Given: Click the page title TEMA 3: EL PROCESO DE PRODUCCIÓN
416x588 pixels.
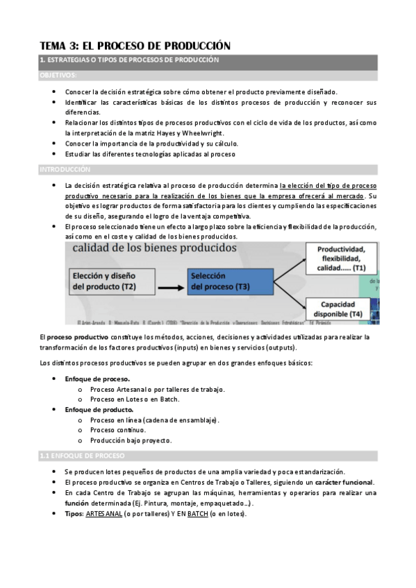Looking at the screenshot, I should tap(134, 45).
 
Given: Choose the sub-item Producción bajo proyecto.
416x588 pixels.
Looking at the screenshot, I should tap(130, 440).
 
